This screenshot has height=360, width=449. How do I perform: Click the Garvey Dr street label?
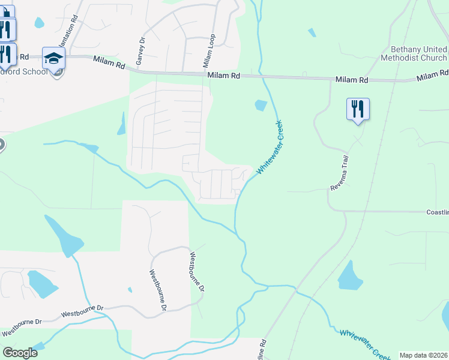click(x=141, y=52)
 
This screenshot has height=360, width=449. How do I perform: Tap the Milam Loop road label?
click(x=208, y=50)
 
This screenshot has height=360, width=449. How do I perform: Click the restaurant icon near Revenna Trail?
click(x=358, y=110)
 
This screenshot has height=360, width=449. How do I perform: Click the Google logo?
click(x=20, y=353)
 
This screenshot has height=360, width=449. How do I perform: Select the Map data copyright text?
click(x=423, y=355)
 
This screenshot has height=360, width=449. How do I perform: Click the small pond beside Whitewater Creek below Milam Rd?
click(x=261, y=105)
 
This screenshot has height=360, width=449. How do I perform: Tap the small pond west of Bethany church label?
click(x=312, y=32)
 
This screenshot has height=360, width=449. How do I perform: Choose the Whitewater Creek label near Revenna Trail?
click(x=270, y=148)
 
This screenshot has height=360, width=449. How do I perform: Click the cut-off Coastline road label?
click(x=437, y=212)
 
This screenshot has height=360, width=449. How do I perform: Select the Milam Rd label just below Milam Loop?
click(x=223, y=76)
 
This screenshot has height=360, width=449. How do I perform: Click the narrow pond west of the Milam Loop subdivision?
click(x=122, y=124)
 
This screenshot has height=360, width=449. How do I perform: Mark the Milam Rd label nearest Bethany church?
click(x=432, y=76)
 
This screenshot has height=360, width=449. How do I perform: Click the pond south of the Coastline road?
click(x=349, y=276)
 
